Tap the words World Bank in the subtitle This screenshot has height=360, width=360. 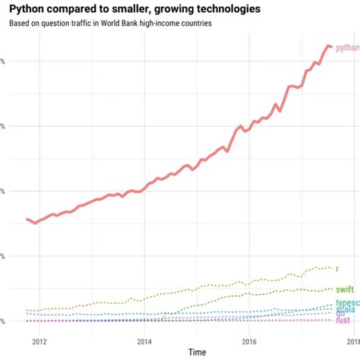[123, 23]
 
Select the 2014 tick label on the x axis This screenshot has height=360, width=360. [144, 341]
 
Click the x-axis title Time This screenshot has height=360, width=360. [197, 352]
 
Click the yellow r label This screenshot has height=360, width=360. [337, 268]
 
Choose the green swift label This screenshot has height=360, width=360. [344, 289]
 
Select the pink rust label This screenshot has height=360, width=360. [343, 321]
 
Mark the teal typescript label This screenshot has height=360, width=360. [347, 303]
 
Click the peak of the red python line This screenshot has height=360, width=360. [328, 46]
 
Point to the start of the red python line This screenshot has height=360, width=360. [27, 219]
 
